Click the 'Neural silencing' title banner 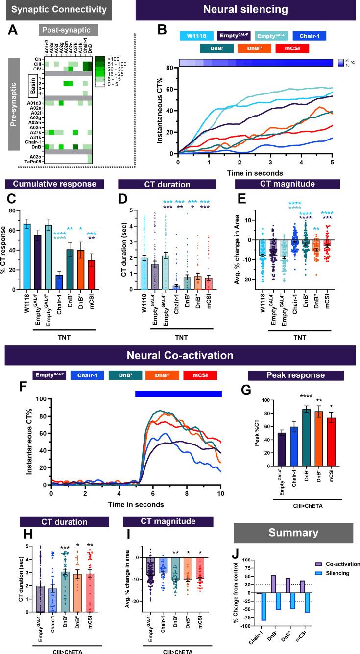point(247,10)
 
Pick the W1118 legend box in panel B point(195,36)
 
